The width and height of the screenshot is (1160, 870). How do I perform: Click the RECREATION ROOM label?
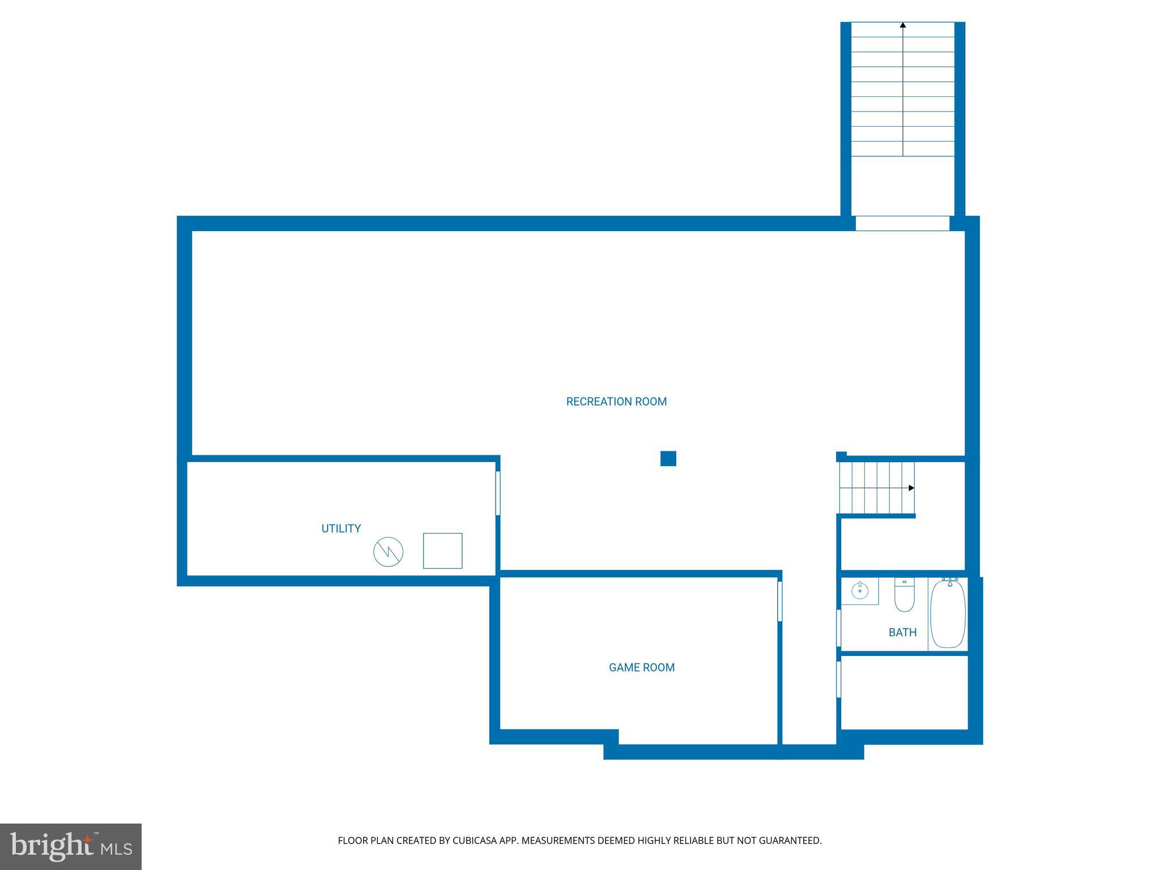(616, 402)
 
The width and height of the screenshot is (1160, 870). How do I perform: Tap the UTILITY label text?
(341, 528)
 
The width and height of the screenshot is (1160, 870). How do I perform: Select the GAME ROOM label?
(642, 667)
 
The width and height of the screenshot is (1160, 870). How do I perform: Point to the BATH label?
(902, 632)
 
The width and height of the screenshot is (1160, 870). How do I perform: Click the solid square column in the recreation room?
(668, 458)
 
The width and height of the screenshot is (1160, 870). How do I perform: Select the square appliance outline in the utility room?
(442, 551)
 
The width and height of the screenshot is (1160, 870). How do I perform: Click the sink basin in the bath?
(860, 591)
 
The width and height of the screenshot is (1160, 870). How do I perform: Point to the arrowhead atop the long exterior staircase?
(903, 25)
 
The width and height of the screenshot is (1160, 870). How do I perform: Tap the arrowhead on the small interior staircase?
(911, 488)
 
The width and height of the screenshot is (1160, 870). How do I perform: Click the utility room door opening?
(498, 493)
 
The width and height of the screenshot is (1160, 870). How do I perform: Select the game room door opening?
(779, 601)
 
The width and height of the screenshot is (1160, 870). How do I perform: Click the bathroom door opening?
(839, 628)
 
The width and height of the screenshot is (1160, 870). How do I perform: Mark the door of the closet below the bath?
(839, 679)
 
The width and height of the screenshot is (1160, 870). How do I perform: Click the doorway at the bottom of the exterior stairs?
(902, 223)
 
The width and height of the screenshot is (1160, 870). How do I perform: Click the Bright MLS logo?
(70, 847)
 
